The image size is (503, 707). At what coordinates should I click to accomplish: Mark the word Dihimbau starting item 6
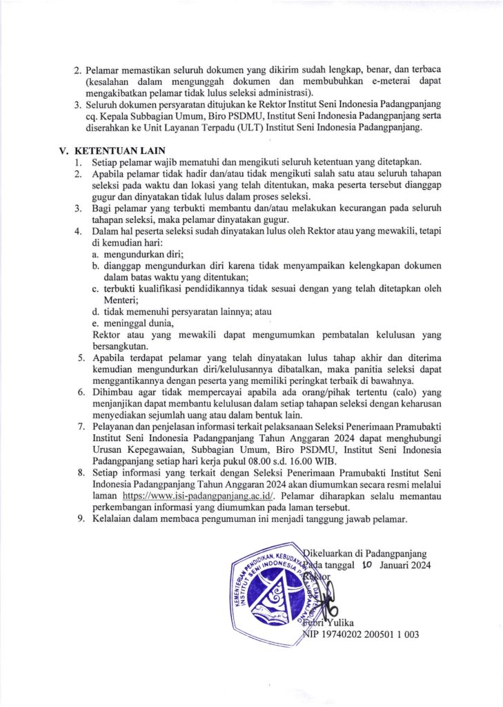point(115,391)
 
